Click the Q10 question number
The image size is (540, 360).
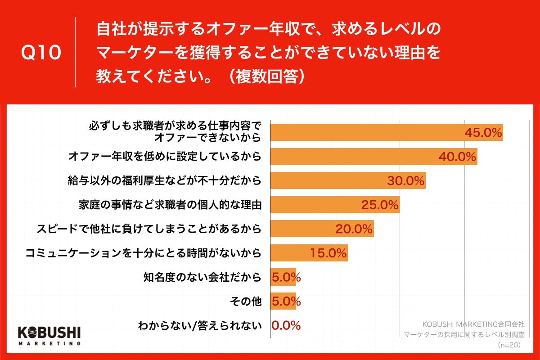pyautogui.click(x=41, y=53)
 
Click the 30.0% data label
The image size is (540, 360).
pyautogui.click(x=406, y=181)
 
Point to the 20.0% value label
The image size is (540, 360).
pyautogui.click(x=354, y=229)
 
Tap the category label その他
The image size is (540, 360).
pyautogui.click(x=247, y=301)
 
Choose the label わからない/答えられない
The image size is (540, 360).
pyautogui.click(x=199, y=325)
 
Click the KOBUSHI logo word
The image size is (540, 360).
pyautogui.click(x=49, y=332)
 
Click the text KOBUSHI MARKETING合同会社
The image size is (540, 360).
pyautogui.click(x=474, y=324)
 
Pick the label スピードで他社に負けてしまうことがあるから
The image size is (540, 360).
pyautogui.click(x=149, y=229)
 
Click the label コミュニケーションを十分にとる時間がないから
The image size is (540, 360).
pyautogui.click(x=143, y=253)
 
